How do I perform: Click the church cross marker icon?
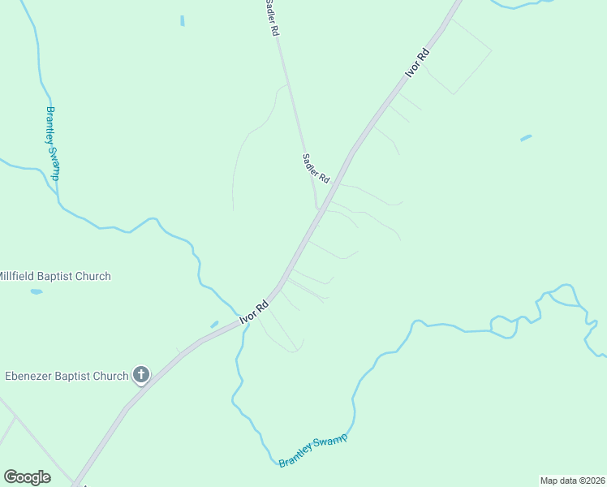point(141,375)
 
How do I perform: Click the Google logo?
point(27,477)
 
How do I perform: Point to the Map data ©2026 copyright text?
point(573,480)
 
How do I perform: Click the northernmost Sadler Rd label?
point(272,17)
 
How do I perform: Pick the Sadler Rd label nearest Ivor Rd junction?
point(316,168)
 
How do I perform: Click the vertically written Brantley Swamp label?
point(54,144)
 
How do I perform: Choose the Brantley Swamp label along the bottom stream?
point(312,450)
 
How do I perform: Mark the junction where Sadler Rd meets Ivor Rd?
point(317,209)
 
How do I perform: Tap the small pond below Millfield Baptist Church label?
point(36,291)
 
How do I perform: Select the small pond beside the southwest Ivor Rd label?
point(214,324)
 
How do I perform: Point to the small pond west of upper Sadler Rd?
point(182,20)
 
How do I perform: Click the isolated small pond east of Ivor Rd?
point(526,138)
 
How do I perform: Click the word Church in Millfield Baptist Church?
point(93,276)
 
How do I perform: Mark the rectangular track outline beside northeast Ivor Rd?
point(458,57)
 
